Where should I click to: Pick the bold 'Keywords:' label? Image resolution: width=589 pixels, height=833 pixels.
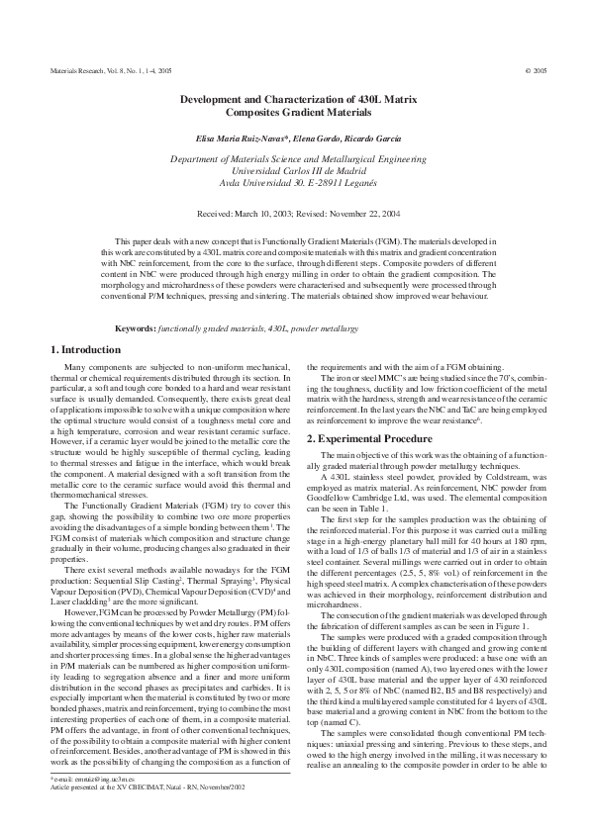137,327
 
